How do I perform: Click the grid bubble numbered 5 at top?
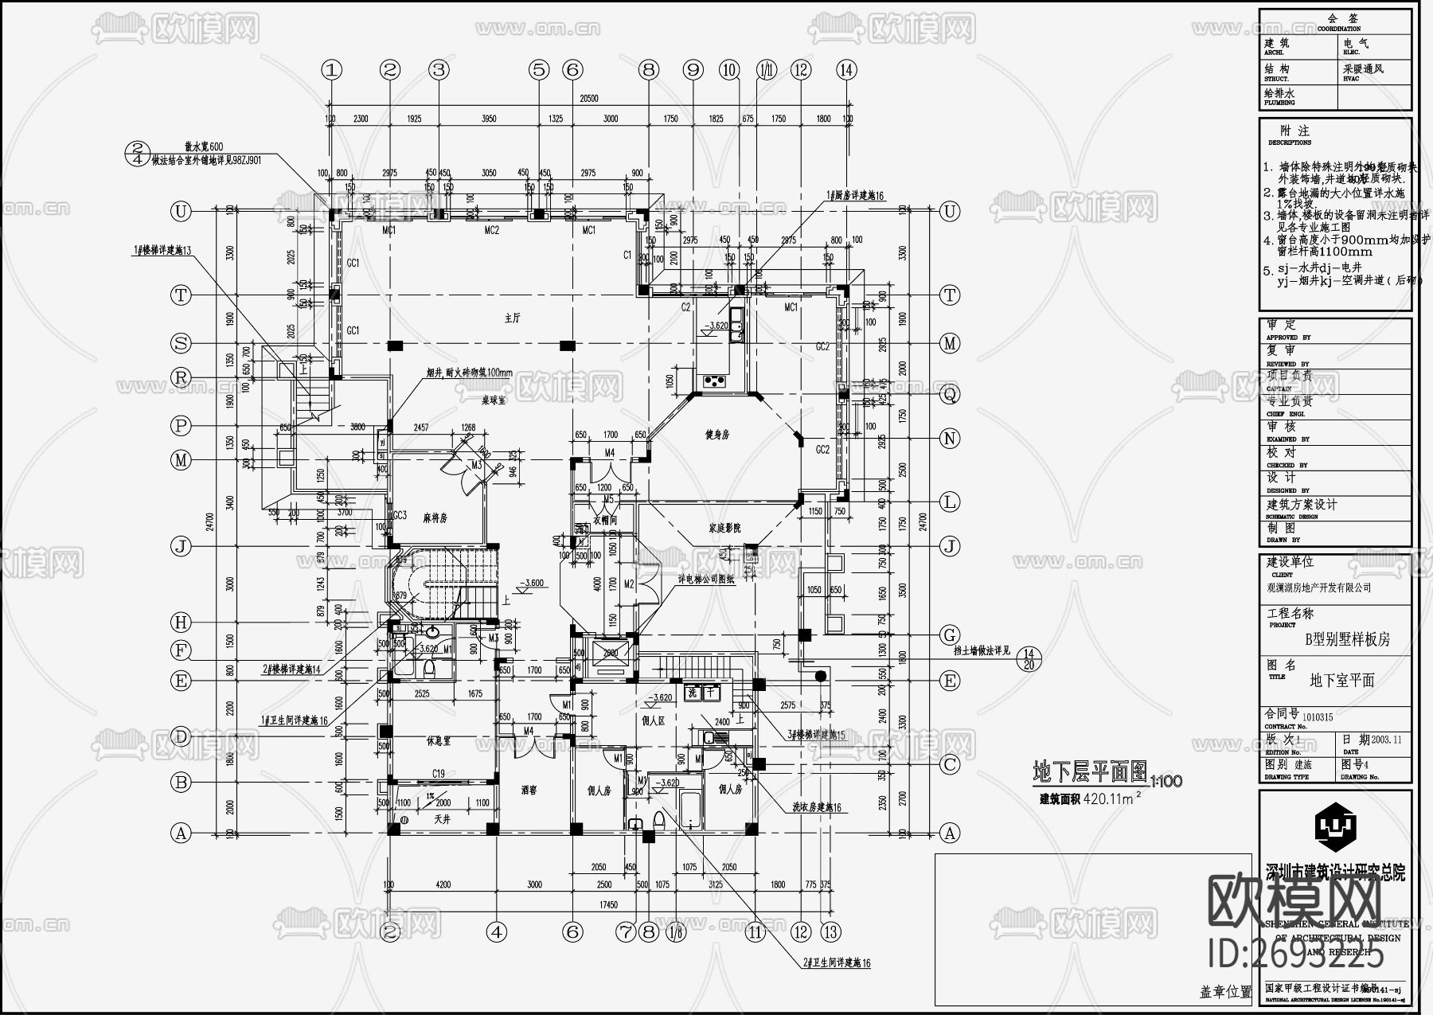tap(540, 70)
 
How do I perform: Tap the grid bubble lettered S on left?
tap(182, 344)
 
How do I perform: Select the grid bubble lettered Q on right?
tap(950, 394)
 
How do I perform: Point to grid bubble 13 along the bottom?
tap(830, 931)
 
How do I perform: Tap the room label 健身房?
tap(717, 435)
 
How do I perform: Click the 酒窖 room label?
tap(529, 791)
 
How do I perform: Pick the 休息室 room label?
tap(438, 740)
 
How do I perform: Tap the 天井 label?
tap(443, 818)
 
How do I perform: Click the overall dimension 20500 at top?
tap(589, 99)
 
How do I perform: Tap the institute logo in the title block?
tap(1335, 828)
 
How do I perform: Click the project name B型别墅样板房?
tap(1347, 639)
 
